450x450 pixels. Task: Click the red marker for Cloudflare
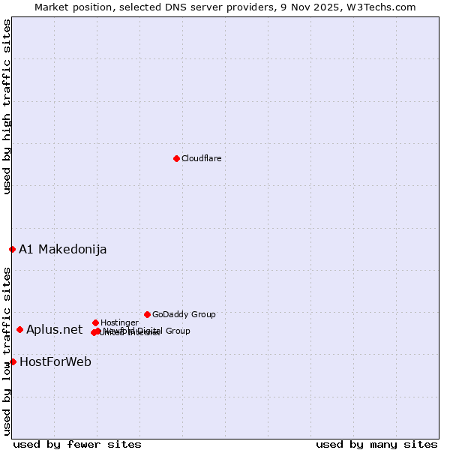(176, 158)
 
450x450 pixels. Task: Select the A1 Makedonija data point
(12, 249)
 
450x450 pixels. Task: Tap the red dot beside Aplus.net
(19, 329)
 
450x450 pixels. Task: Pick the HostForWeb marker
(13, 361)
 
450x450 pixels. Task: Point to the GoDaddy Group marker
(147, 314)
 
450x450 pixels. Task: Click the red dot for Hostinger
(95, 322)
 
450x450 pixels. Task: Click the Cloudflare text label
(202, 158)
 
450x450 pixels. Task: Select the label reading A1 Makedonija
(63, 249)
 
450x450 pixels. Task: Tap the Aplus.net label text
(55, 329)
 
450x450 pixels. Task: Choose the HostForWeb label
(55, 361)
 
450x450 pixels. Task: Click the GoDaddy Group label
(184, 314)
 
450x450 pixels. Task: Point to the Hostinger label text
(119, 322)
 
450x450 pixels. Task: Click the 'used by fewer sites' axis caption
(77, 444)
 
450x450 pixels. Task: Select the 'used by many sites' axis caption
(376, 444)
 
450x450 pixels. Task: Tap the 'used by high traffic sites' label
(7, 106)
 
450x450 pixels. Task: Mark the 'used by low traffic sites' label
(7, 351)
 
